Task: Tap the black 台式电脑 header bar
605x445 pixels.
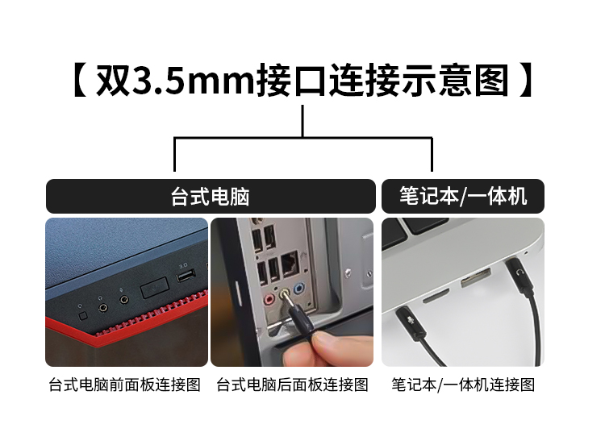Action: (211, 196)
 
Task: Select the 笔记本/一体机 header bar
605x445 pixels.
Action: (463, 196)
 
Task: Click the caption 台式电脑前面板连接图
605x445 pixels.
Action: (124, 385)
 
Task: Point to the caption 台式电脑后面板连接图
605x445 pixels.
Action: (292, 385)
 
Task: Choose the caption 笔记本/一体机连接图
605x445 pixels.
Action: (463, 385)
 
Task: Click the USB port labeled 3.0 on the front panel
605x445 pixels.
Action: (186, 276)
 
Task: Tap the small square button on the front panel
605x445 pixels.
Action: (82, 316)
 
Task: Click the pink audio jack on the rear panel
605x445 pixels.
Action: (269, 299)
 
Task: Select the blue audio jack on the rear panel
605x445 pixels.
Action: (299, 289)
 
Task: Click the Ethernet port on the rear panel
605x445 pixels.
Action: (290, 264)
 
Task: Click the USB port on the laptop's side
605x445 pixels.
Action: (476, 278)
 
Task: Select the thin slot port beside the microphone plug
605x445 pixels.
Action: (436, 295)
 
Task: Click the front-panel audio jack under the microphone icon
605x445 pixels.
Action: (124, 299)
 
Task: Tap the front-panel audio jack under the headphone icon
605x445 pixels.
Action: (103, 307)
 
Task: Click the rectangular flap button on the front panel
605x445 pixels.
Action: (154, 288)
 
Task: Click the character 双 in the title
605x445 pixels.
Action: (112, 81)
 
